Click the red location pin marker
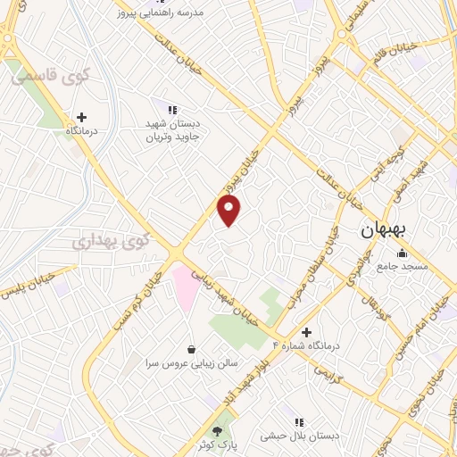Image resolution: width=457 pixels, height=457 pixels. pyautogui.click(x=229, y=211)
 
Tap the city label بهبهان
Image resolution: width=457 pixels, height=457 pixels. pyautogui.click(x=384, y=229)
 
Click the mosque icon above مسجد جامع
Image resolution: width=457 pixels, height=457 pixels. pyautogui.click(x=402, y=253)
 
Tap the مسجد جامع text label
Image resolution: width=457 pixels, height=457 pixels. pyautogui.click(x=402, y=266)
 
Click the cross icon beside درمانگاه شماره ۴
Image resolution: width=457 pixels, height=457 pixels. pyautogui.click(x=306, y=332)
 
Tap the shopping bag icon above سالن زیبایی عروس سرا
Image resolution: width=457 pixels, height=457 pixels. pyautogui.click(x=192, y=349)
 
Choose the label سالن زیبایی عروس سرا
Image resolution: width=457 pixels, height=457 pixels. pyautogui.click(x=191, y=363)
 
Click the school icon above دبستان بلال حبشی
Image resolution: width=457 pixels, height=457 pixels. pyautogui.click(x=298, y=422)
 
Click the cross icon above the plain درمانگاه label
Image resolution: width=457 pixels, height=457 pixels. pyautogui.click(x=81, y=117)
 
